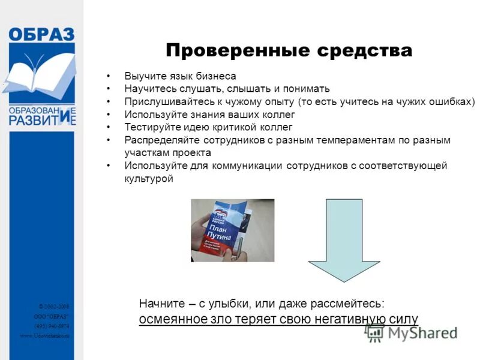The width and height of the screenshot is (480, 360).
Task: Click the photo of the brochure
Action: coord(232,230)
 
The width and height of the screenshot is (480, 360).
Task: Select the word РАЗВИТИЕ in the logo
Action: coord(41,119)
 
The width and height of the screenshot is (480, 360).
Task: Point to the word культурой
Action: coord(149,178)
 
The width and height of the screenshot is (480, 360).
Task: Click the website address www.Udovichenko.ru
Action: coord(45,335)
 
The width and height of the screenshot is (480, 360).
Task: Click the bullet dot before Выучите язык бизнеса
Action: coord(108,77)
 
